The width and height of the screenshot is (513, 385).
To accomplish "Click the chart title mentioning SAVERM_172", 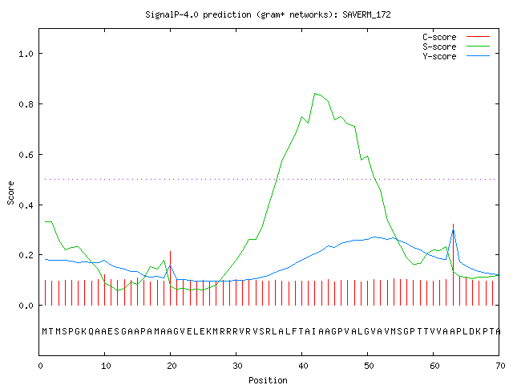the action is click(x=268, y=14).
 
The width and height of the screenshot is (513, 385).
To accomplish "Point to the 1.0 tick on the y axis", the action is click(x=26, y=54).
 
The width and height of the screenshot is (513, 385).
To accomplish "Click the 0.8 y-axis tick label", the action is click(x=26, y=104).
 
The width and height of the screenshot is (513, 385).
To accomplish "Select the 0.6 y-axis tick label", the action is click(x=26, y=155).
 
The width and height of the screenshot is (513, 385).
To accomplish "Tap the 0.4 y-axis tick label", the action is click(x=26, y=205).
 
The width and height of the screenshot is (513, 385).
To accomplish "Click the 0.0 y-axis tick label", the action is click(x=26, y=306).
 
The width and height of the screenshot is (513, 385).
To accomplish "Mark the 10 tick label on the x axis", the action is click(x=106, y=366).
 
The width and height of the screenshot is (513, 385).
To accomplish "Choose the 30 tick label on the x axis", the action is click(x=237, y=366).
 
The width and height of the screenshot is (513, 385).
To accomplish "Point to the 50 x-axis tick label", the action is click(x=369, y=366).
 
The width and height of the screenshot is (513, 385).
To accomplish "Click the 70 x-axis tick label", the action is click(x=500, y=366).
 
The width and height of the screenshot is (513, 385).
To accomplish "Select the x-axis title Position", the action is click(x=268, y=380).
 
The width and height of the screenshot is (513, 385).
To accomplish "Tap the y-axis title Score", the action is click(x=10, y=192).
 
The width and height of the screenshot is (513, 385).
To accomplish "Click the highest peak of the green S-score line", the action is click(x=315, y=94).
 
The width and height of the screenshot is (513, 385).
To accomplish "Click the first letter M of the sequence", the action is click(x=45, y=331).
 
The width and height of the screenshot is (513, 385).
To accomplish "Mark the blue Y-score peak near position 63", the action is click(x=453, y=230).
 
